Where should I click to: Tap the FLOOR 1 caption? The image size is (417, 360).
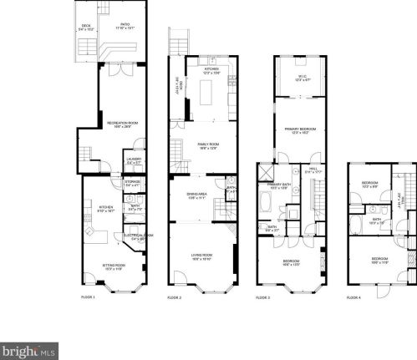pyautogui.click(x=88, y=297)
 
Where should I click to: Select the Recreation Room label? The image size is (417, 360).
pyautogui.click(x=122, y=125)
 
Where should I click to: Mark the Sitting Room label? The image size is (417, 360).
pyautogui.click(x=114, y=266)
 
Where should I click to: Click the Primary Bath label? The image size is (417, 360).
pyautogui.click(x=277, y=186)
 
